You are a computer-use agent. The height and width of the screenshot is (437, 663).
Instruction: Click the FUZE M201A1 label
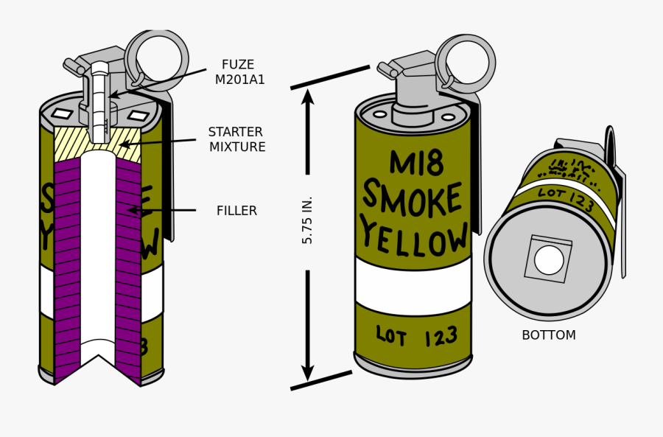[239, 72]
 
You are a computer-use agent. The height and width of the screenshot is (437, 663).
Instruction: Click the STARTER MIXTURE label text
[236, 139]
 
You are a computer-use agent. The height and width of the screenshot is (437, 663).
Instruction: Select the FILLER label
[236, 211]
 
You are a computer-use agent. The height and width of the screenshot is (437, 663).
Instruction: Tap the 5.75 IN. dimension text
[308, 220]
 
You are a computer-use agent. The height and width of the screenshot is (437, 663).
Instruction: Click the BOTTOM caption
[548, 335]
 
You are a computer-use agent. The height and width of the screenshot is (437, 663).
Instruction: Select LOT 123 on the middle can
[416, 337]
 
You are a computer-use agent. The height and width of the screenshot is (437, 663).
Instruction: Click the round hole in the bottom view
[549, 260]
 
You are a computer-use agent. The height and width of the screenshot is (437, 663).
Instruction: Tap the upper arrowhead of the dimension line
[308, 97]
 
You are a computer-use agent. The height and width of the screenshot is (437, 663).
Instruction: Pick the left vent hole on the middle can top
[380, 114]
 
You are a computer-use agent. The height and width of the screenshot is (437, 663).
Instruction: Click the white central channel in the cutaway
[98, 251]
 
